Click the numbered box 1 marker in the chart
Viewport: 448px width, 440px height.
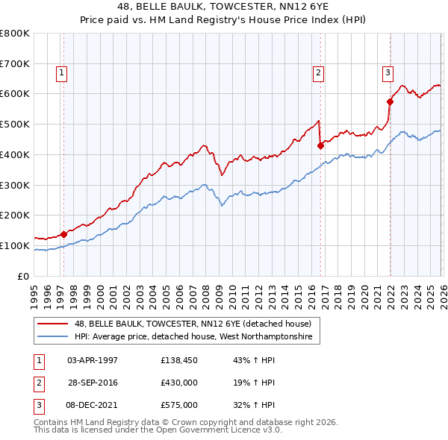60,73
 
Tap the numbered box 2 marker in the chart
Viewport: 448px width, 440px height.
318,73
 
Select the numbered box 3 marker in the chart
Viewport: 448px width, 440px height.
388,73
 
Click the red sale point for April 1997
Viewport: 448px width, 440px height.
63,234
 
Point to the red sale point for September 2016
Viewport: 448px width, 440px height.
320,146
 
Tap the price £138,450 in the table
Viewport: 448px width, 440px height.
178,360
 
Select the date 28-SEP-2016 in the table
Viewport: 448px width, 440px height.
93,383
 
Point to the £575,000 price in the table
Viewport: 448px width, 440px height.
178,405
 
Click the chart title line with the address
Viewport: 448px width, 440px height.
224,7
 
